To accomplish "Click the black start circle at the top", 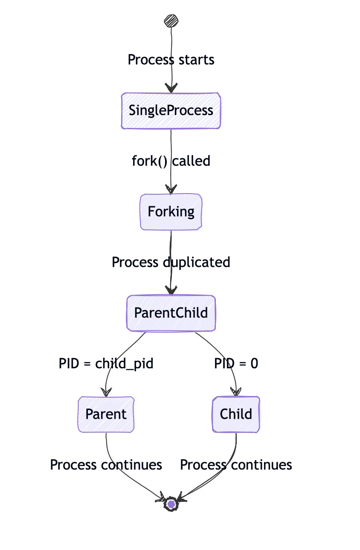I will pyautogui.click(x=171, y=21).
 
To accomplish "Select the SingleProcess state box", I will pyautogui.click(x=171, y=110).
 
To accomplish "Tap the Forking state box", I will pyautogui.click(x=171, y=211).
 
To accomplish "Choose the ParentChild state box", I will pyautogui.click(x=171, y=313).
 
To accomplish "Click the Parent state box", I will pyautogui.click(x=106, y=414).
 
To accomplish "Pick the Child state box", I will pyautogui.click(x=236, y=414).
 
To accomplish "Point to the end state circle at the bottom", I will pyautogui.click(x=171, y=504).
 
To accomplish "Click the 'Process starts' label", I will pyautogui.click(x=171, y=60).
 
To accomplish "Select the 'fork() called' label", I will pyautogui.click(x=171, y=161).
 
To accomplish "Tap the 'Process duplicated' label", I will pyautogui.click(x=171, y=262).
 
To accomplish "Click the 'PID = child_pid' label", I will pyautogui.click(x=106, y=364).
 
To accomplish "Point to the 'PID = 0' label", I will pyautogui.click(x=236, y=364).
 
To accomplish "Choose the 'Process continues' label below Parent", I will pyautogui.click(x=106, y=465).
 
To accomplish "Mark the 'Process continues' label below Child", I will pyautogui.click(x=236, y=465).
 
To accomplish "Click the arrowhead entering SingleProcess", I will pyautogui.click(x=171, y=88).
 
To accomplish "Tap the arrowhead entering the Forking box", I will pyautogui.click(x=171, y=189).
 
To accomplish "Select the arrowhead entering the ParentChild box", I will pyautogui.click(x=171, y=291).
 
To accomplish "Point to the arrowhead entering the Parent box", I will pyautogui.click(x=106, y=392).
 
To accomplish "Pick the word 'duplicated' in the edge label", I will pyautogui.click(x=197, y=262).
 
